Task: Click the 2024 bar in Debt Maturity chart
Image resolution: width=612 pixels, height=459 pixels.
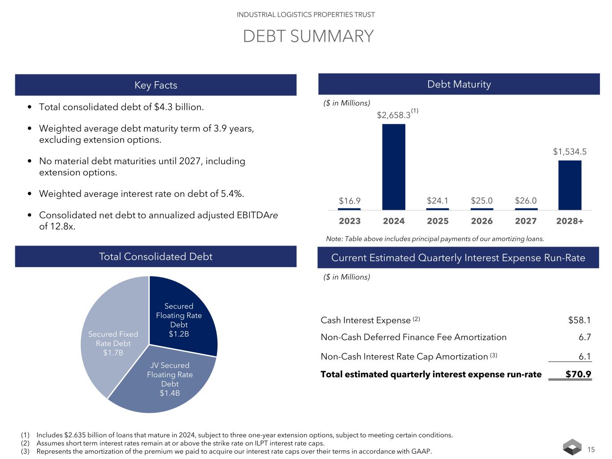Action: (x=393, y=167)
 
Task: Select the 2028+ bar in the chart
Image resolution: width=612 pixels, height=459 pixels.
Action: (x=569, y=185)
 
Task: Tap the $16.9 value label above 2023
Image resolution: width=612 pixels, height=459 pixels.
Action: (x=349, y=200)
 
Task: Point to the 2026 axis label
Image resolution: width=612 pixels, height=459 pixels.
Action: (x=482, y=221)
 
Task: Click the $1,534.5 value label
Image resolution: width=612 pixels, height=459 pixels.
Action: (x=569, y=152)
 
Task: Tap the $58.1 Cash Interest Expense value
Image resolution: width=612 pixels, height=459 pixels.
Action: (x=579, y=320)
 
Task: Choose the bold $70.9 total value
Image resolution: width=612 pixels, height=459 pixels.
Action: (x=578, y=374)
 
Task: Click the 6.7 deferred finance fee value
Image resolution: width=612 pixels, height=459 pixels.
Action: (x=585, y=337)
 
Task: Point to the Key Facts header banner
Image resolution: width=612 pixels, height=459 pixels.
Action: (x=156, y=85)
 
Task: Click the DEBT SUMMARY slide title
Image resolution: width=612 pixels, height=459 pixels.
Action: (x=308, y=36)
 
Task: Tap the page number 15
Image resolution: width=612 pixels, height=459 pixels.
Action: (x=591, y=450)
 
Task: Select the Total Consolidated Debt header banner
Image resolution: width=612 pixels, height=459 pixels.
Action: (x=156, y=256)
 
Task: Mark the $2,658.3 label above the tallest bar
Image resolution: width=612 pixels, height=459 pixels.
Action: (x=394, y=115)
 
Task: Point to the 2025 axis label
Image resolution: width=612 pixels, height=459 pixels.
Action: (x=438, y=221)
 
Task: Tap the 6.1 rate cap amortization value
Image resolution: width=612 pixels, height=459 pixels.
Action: (x=585, y=356)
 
